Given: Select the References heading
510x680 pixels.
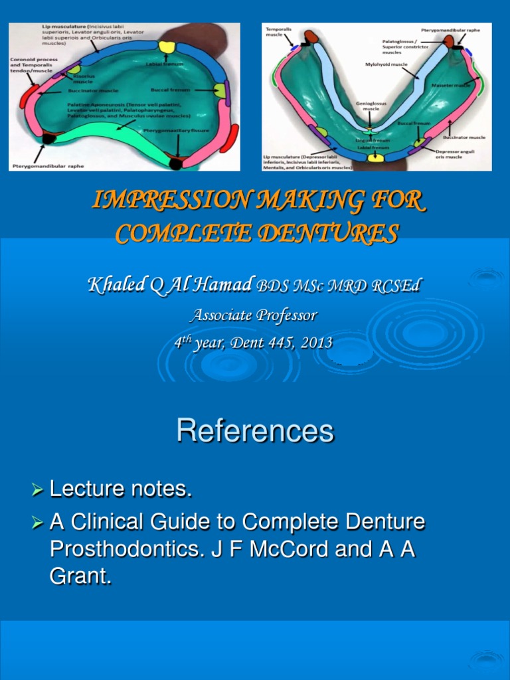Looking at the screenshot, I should pyautogui.click(x=255, y=432).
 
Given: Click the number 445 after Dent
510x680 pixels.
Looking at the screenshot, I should pyautogui.click(x=277, y=343).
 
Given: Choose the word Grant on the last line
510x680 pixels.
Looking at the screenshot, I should pyautogui.click(x=78, y=576).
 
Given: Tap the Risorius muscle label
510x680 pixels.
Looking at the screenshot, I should pyautogui.click(x=82, y=78).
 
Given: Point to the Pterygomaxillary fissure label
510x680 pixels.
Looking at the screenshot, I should pyautogui.click(x=177, y=131).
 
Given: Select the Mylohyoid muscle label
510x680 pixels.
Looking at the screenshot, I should pyautogui.click(x=382, y=65).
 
